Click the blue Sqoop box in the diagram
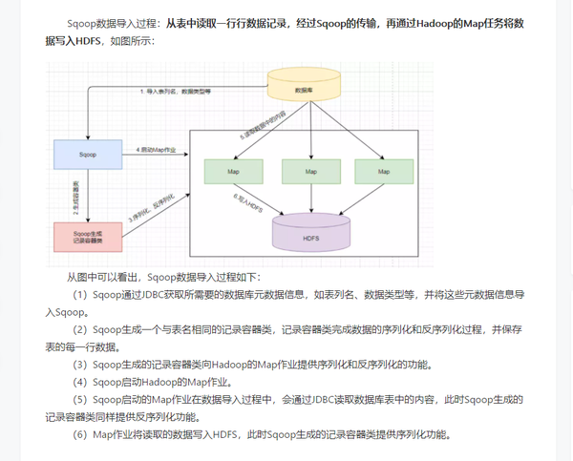87,154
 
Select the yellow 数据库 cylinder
305,87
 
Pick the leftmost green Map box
233,172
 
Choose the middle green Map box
311,172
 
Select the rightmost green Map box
383,172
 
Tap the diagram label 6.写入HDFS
246,199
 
